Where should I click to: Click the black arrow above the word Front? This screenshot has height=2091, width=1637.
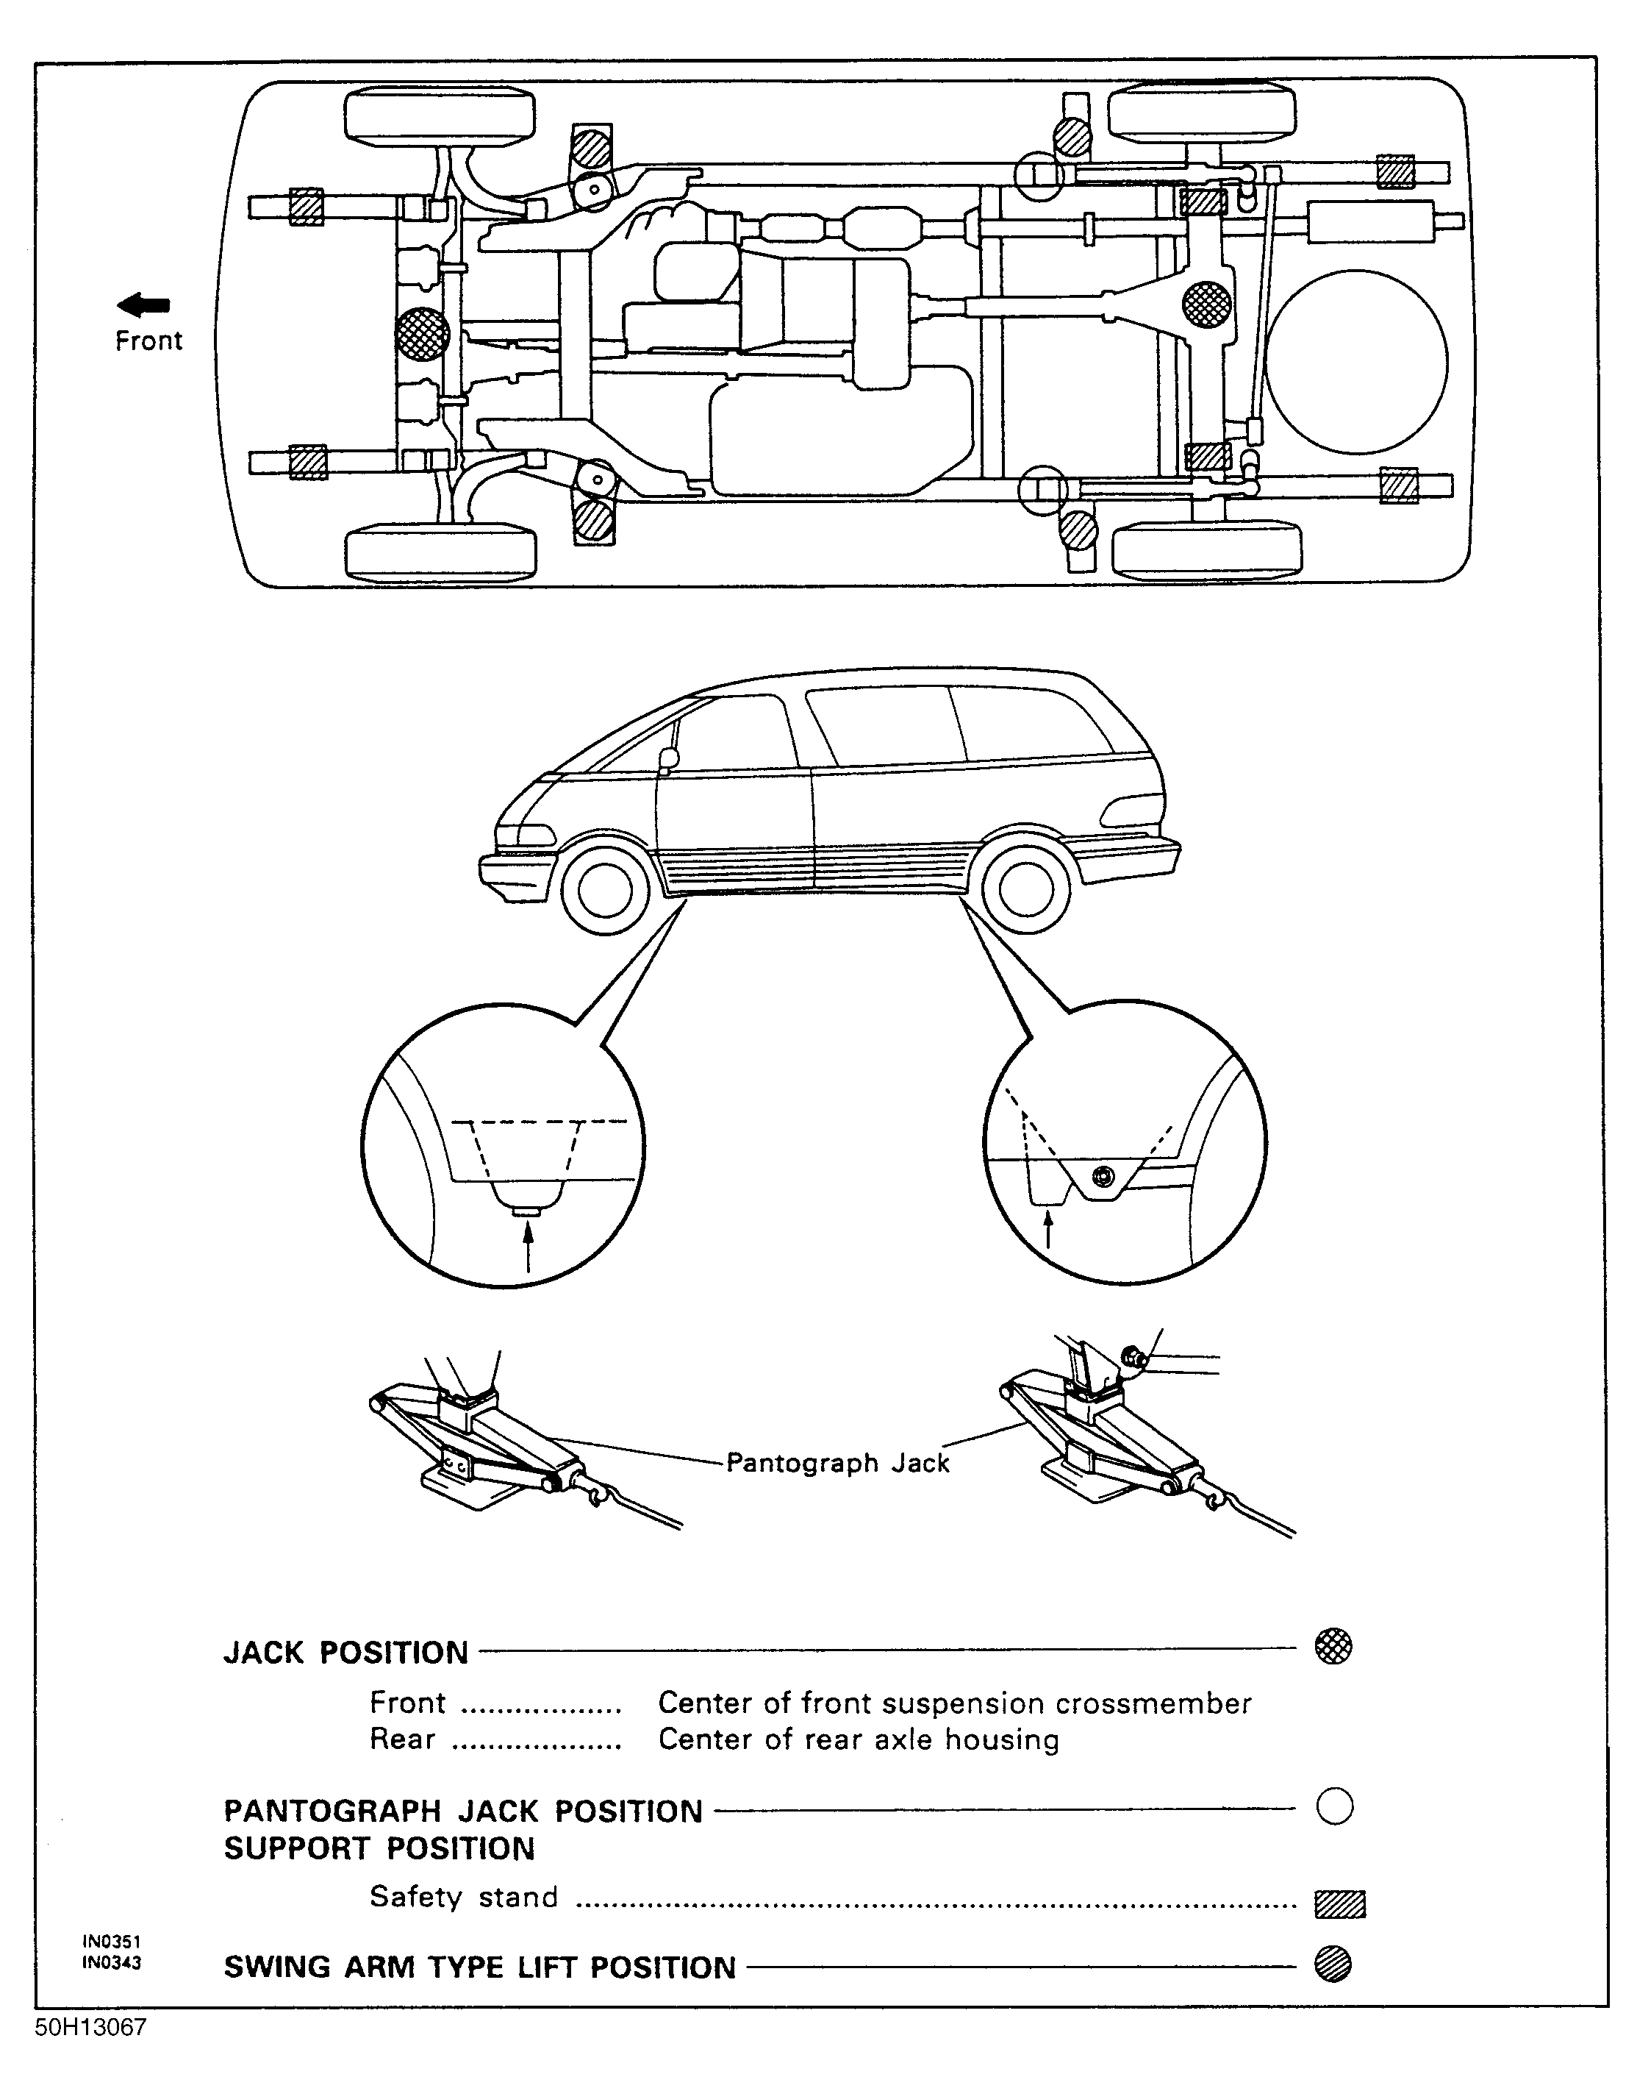144,305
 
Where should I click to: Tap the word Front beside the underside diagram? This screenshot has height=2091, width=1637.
148,341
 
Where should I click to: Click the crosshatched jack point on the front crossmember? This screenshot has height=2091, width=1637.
423,335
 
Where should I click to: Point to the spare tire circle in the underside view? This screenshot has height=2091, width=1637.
1355,363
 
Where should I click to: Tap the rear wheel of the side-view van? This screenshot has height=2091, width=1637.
1025,890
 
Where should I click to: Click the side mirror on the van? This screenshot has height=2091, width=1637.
668,758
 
